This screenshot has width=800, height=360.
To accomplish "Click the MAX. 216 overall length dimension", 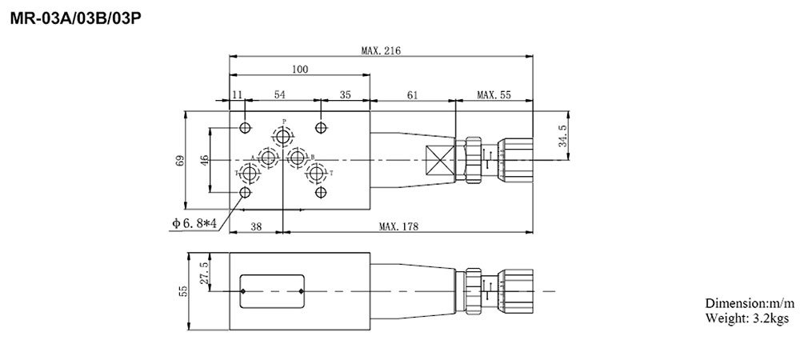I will (380, 50).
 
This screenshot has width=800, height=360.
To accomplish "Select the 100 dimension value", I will (299, 70).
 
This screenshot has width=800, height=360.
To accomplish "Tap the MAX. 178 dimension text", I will (400, 226).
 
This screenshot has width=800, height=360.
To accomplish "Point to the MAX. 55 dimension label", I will (494, 95).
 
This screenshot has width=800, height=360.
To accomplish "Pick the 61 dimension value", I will (412, 95).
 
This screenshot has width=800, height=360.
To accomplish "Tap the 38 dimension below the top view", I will (256, 226).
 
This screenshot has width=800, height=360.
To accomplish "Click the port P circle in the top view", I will (283, 134).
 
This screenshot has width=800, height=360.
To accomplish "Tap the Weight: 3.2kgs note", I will (746, 318).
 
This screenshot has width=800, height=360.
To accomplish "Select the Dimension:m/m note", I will (750, 304).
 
